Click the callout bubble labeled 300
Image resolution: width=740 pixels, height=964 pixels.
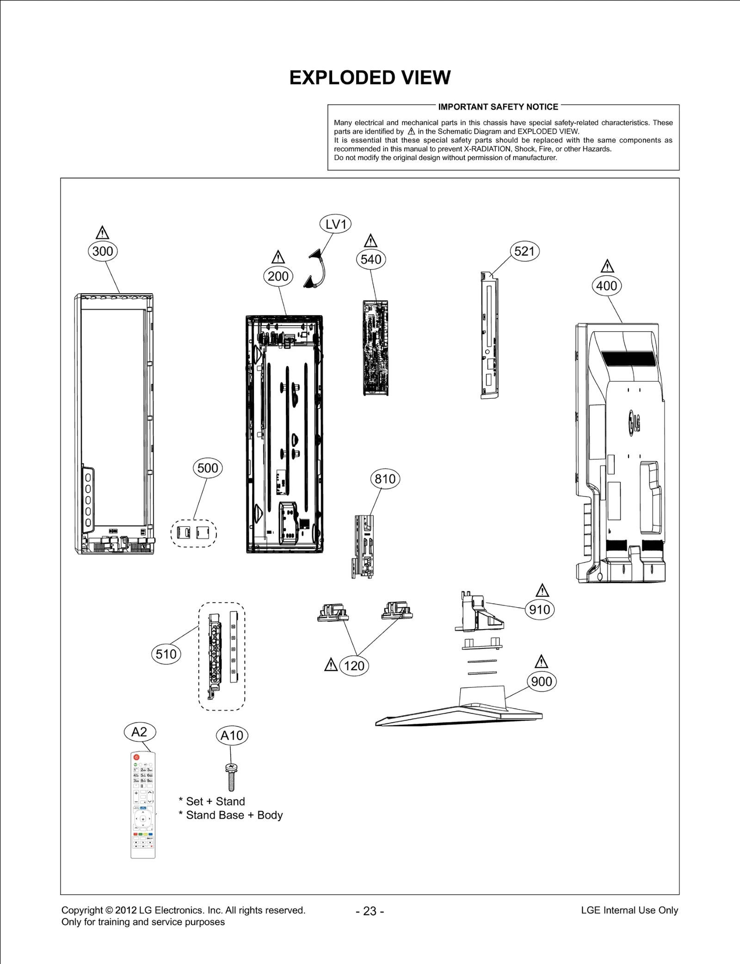pos(103,251)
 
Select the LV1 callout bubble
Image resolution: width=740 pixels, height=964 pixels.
pos(335,224)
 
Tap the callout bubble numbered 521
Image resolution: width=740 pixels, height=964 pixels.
pos(524,251)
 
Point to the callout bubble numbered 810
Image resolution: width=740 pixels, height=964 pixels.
pos(385,479)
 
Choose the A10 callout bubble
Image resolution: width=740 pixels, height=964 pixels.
pos(232,735)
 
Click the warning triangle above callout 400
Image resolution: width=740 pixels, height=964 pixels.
pos(607,266)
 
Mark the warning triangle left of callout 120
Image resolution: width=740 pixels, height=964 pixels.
pos(331,665)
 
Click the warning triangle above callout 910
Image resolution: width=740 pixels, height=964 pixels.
pos(542,591)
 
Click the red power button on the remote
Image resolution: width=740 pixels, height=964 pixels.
pos(136,757)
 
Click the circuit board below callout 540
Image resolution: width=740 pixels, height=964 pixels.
pos(375,348)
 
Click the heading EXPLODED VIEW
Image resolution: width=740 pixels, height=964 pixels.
pos(370,78)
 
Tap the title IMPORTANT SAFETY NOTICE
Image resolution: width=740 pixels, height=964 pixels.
pos(498,107)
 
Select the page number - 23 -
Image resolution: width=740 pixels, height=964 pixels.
pos(370,911)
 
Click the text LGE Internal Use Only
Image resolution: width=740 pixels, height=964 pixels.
pos(629,910)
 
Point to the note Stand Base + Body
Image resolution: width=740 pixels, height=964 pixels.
pos(234,815)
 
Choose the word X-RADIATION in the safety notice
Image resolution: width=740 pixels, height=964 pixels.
pos(488,149)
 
